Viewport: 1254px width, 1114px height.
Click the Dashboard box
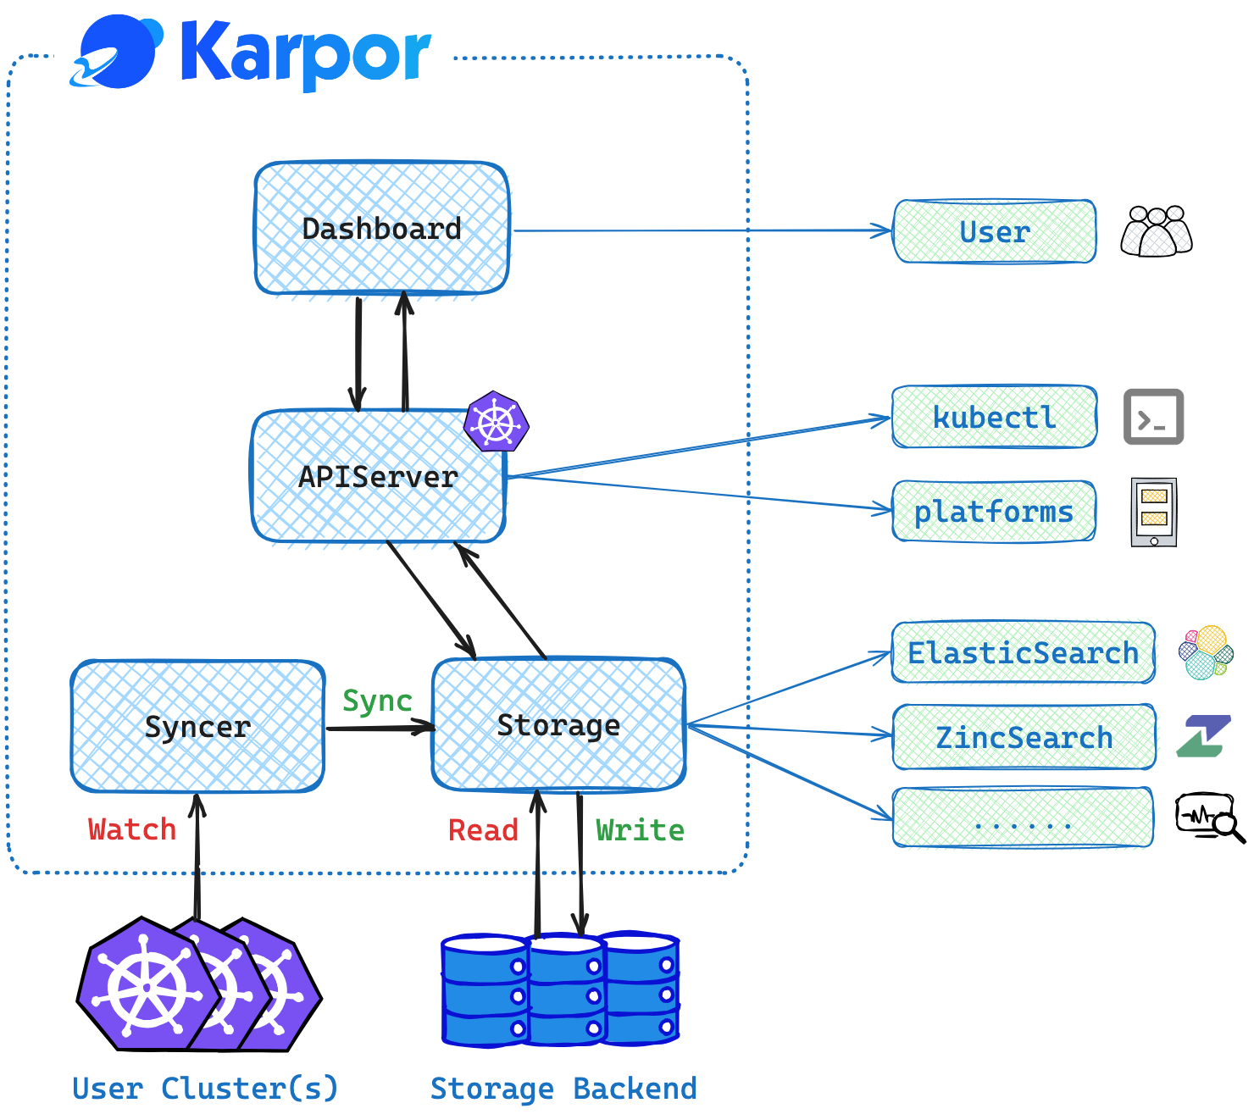coord(382,228)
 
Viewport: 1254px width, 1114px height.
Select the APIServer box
coord(378,476)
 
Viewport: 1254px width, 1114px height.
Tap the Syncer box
coord(197,726)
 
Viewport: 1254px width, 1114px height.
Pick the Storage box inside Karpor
coord(558,724)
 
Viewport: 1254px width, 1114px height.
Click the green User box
coord(995,231)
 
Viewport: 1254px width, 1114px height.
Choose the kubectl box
coord(995,417)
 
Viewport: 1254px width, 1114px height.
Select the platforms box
coord(994,512)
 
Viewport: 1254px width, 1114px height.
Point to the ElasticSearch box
coord(1024,652)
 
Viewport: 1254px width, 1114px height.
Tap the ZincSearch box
coord(1024,736)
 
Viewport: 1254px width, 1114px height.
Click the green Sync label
coord(377,701)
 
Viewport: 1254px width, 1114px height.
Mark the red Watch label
coord(132,829)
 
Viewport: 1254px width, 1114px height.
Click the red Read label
coord(483,830)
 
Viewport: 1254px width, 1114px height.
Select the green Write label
coord(640,830)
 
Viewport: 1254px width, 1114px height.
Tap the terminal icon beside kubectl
coord(1153,417)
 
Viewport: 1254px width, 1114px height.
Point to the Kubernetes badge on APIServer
coord(497,421)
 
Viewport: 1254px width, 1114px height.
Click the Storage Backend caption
coord(563,1089)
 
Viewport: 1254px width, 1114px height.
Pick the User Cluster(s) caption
coord(205,1089)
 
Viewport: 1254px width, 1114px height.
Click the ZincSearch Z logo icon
coord(1203,736)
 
